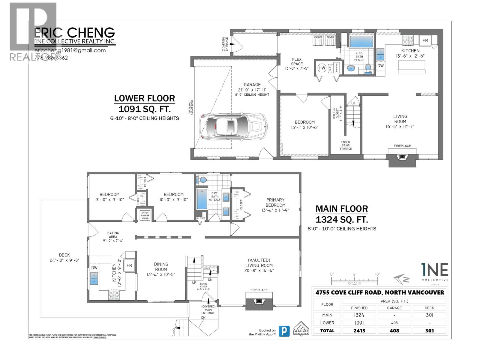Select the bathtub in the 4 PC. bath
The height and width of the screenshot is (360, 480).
(x=361, y=42)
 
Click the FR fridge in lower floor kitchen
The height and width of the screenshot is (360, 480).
(x=425, y=40)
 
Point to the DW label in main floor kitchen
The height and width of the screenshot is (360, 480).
(x=94, y=268)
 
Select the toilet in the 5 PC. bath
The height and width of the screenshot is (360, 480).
(x=202, y=180)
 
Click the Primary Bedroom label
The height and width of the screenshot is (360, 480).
(x=275, y=202)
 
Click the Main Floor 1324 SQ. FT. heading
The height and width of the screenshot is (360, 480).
(x=342, y=214)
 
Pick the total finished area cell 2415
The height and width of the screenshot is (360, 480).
(x=359, y=331)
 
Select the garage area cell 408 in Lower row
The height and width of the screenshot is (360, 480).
(x=394, y=323)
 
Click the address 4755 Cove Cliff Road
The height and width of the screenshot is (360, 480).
(x=379, y=292)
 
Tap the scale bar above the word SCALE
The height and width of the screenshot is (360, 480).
(x=354, y=280)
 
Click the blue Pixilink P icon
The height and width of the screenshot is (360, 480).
(x=284, y=331)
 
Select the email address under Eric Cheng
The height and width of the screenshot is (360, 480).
(x=70, y=50)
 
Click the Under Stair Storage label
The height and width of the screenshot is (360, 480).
(x=346, y=145)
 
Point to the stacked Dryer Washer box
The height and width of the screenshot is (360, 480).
(x=145, y=215)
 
